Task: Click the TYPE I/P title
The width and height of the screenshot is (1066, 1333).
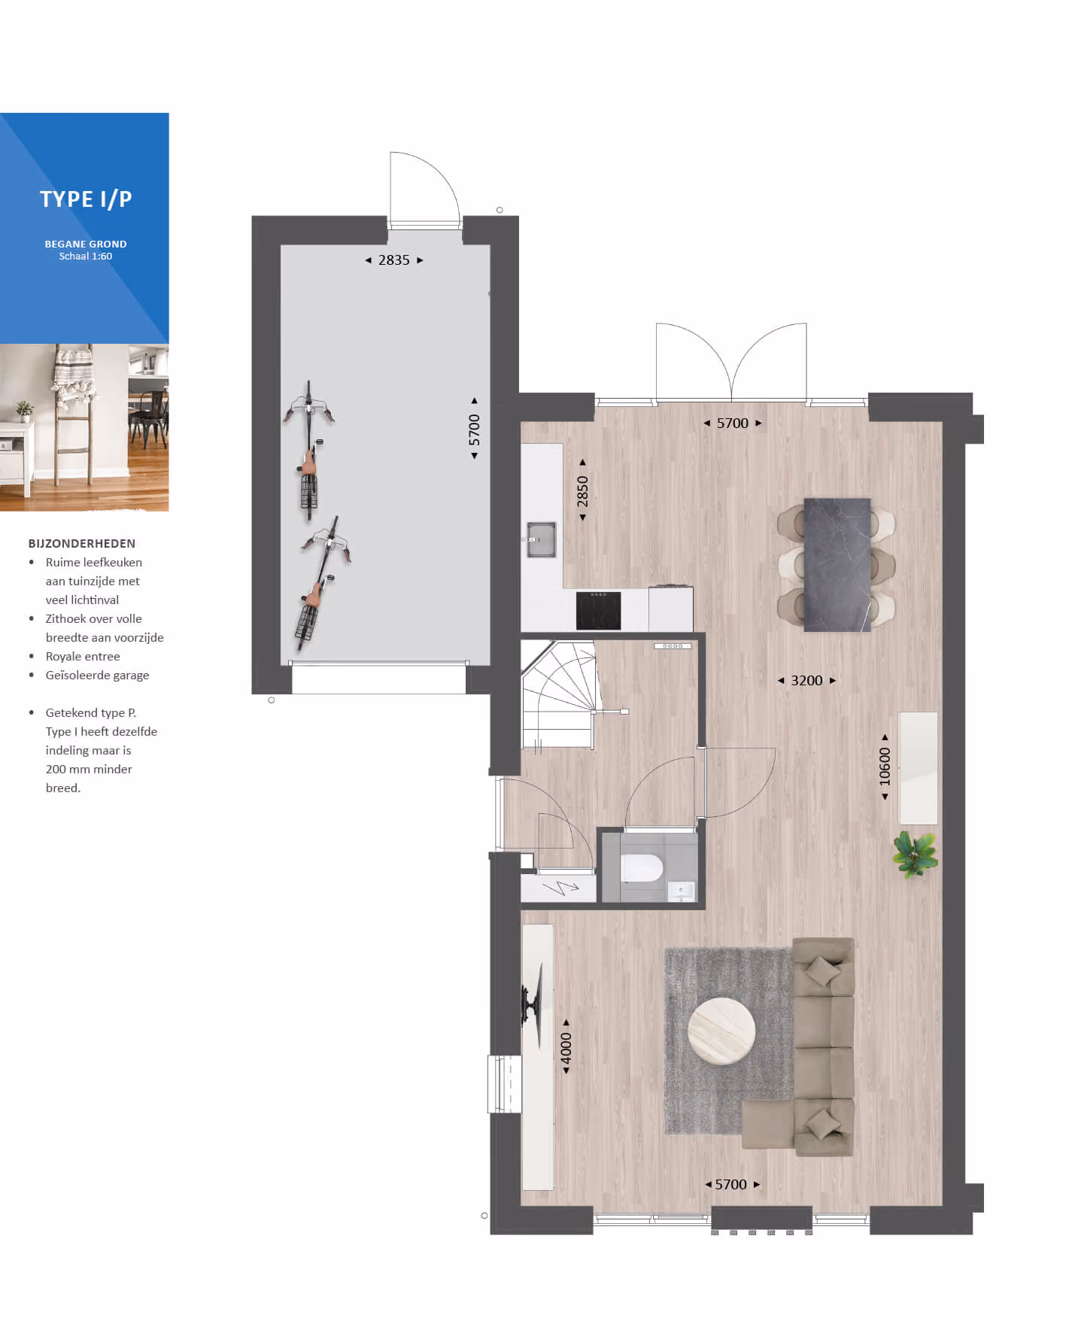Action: tap(86, 199)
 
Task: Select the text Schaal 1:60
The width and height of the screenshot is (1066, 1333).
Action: tap(86, 257)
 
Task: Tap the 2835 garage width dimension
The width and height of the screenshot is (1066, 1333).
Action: tap(394, 260)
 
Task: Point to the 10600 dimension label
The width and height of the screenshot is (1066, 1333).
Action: tap(885, 767)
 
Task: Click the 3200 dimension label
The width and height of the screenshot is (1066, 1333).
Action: tap(806, 681)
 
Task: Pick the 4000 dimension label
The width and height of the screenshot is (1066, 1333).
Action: tap(566, 1047)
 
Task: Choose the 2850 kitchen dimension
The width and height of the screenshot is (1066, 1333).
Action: tap(582, 490)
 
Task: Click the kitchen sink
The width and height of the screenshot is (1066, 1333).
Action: tap(541, 539)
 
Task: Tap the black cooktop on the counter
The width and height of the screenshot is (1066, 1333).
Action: tap(598, 610)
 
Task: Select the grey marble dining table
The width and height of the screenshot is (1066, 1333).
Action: tap(837, 565)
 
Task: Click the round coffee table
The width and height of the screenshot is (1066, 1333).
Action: tap(721, 1031)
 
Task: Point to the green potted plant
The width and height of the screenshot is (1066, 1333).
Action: tap(914, 854)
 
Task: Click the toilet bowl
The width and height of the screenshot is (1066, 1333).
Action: tap(642, 869)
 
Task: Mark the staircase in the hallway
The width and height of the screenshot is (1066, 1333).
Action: tap(558, 694)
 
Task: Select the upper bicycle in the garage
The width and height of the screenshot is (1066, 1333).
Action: tap(308, 450)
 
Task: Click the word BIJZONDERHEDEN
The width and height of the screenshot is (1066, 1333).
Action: tap(82, 544)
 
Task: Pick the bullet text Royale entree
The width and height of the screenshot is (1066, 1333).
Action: tap(83, 657)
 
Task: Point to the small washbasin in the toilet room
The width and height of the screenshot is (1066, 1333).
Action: tap(681, 891)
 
